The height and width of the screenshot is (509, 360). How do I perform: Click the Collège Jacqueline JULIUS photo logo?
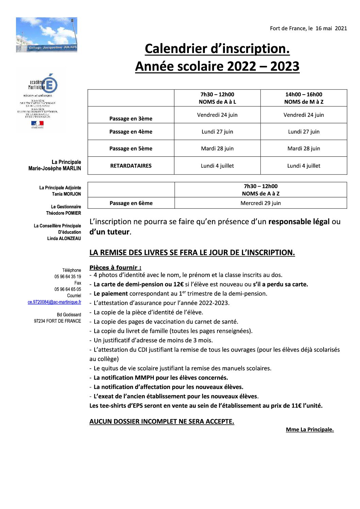point(47,35)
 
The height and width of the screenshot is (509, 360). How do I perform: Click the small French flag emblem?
point(37,124)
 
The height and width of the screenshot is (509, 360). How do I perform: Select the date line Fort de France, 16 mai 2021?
point(308,28)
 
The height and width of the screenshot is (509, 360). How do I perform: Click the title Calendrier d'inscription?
point(217,49)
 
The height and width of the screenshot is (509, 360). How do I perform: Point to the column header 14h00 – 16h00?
point(304,95)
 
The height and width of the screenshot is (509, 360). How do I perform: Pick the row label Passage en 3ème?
point(131,118)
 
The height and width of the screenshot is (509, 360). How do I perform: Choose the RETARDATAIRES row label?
point(131,166)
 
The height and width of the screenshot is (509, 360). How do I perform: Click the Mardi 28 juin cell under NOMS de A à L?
point(217,148)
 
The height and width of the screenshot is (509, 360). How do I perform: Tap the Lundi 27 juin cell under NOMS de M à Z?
point(304,132)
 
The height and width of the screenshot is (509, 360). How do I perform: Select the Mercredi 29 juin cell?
point(261,203)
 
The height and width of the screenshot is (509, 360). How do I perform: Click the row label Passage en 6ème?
point(131,203)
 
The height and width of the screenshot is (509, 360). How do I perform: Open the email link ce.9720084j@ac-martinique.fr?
point(54,302)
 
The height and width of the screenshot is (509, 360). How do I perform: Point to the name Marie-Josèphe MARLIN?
point(55,168)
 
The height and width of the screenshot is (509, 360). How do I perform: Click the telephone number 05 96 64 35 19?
point(68,276)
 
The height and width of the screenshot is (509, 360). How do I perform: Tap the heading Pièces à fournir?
point(115,268)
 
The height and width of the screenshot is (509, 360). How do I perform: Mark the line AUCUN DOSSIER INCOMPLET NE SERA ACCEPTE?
point(162,421)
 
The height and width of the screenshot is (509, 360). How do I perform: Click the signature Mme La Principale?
point(310,429)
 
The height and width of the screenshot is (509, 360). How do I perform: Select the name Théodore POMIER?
point(64,213)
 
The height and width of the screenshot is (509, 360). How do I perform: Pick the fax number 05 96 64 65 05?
point(68,289)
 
